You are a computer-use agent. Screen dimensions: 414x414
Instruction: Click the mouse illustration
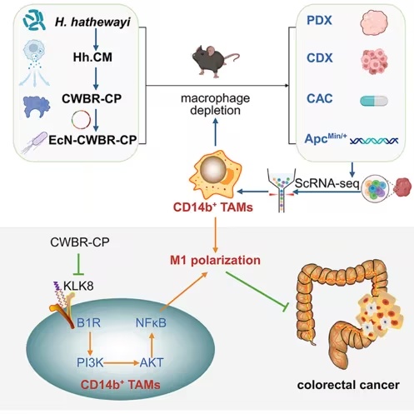(x=215, y=61)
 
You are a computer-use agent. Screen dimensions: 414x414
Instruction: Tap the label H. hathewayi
(x=92, y=22)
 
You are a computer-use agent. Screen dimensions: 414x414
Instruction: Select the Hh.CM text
(x=92, y=57)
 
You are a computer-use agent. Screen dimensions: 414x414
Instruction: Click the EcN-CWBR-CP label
(x=92, y=140)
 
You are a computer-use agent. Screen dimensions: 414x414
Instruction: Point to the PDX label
(x=319, y=20)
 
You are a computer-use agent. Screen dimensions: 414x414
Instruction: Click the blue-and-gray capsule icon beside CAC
(x=374, y=101)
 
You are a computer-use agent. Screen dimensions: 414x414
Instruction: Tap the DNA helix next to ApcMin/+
(x=374, y=141)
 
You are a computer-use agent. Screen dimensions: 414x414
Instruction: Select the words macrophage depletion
(x=216, y=104)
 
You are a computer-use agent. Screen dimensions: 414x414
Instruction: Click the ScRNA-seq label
(x=327, y=183)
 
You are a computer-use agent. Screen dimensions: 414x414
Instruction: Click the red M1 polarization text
(x=215, y=260)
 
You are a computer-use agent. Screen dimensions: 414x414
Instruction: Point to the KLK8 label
(x=78, y=286)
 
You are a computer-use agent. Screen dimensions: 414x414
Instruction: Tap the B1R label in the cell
(x=88, y=323)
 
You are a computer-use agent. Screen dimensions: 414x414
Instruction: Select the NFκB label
(x=151, y=323)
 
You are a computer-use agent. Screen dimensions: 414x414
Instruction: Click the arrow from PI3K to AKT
(x=121, y=362)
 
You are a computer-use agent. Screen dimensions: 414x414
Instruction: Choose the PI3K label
(x=90, y=362)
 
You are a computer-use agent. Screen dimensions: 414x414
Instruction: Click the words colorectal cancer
(x=348, y=385)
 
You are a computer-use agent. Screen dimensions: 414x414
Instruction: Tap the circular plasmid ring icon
(x=81, y=120)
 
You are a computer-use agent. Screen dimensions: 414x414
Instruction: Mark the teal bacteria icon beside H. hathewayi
(x=34, y=19)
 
